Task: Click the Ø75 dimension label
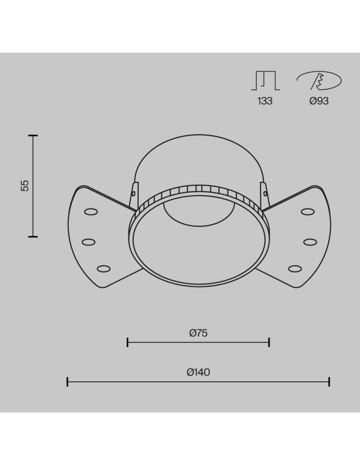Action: pos(198,333)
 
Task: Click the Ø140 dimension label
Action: pos(198,372)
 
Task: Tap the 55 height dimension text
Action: pos(25,185)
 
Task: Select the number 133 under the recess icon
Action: pos(265,101)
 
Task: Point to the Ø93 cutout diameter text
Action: pos(319,101)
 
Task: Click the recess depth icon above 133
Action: pos(266,81)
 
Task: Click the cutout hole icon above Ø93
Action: pos(319,81)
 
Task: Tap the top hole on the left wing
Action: pos(91,212)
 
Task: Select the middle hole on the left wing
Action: pos(88,242)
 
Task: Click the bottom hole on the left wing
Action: pos(104,268)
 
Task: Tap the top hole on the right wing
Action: pos(307,212)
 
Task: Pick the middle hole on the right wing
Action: pos(310,242)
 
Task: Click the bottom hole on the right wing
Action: pos(295,268)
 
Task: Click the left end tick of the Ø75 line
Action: pos(127,343)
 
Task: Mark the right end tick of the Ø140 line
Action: pos(329,382)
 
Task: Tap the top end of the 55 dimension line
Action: pos(33,135)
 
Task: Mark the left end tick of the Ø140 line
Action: pos(67,382)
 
